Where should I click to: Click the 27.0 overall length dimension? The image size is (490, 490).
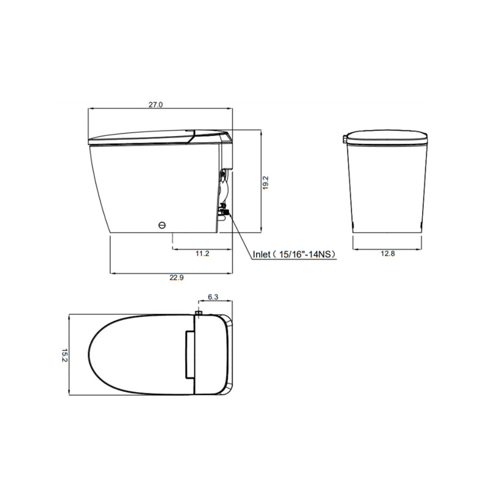tap(156, 105)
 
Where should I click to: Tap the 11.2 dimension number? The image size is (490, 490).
tap(202, 253)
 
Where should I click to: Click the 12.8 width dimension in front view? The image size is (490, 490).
tap(387, 253)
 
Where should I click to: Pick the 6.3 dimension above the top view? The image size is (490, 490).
tap(213, 297)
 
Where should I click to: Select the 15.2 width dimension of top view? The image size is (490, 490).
tap(64, 355)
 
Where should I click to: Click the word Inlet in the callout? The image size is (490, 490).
tap(262, 254)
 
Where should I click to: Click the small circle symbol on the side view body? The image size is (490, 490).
tap(162, 225)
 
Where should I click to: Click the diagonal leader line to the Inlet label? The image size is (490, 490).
tap(240, 235)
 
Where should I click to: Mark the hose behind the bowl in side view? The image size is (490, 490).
tap(224, 187)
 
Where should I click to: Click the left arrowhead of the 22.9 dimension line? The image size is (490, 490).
tap(111, 272)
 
